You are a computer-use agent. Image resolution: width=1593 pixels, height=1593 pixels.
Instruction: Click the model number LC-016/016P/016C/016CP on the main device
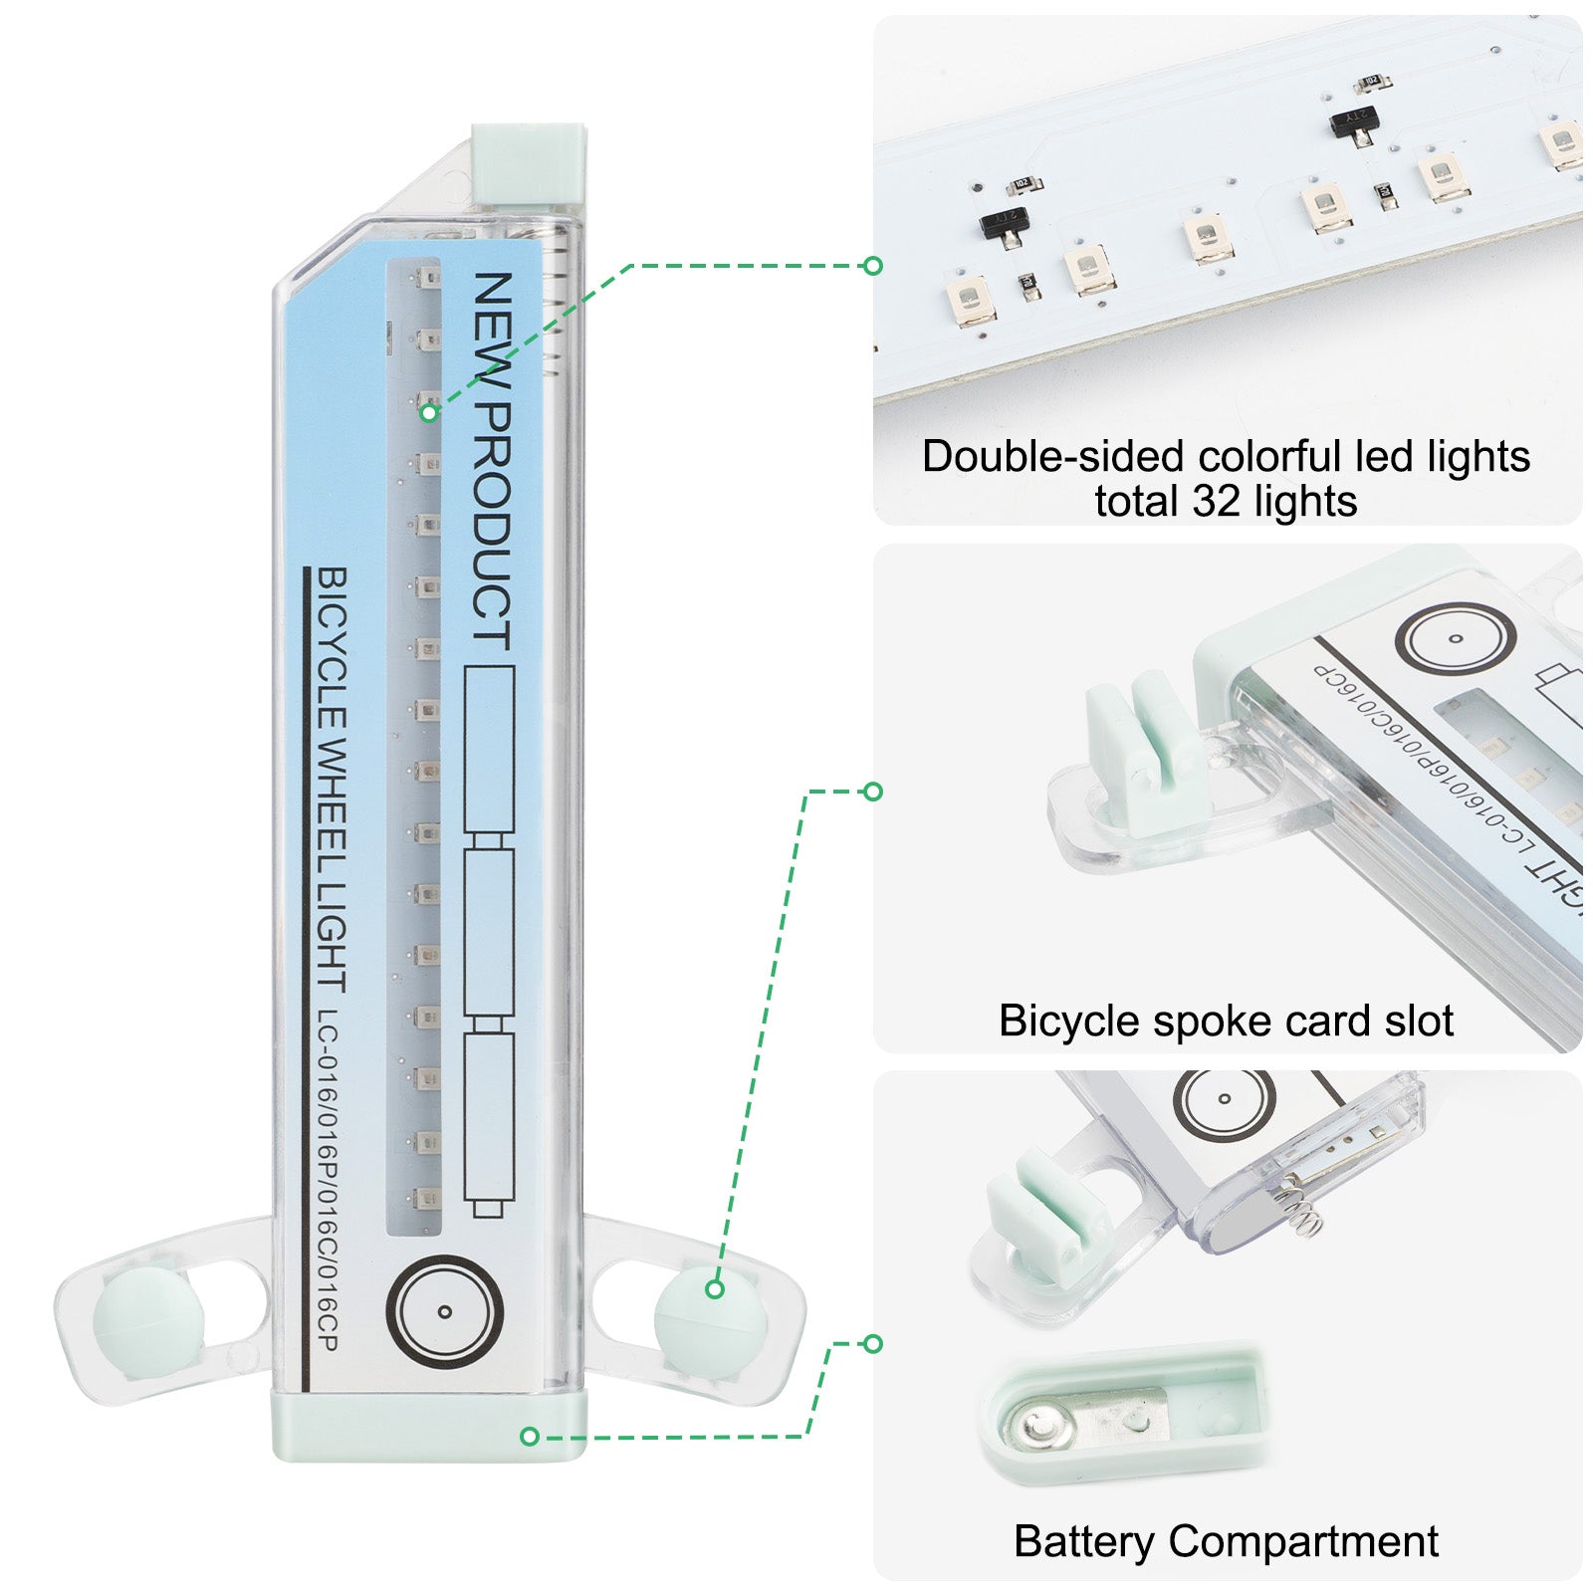(328, 1181)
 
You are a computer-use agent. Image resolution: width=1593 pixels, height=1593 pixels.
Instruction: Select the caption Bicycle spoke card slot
(1226, 1021)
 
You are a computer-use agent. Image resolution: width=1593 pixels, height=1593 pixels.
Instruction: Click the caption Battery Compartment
(1226, 1541)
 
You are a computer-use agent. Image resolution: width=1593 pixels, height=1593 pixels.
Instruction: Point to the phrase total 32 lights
(1226, 501)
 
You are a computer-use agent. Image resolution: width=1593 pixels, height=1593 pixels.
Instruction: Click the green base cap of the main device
(428, 1426)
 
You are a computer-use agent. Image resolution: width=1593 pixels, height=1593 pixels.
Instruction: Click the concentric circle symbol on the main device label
(445, 1311)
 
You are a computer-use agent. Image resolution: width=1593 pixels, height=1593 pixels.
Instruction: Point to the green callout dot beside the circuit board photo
(873, 266)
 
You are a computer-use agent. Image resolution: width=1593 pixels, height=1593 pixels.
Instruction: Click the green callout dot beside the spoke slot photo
(873, 792)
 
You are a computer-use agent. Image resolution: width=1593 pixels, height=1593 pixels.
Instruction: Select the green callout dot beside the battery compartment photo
(873, 1344)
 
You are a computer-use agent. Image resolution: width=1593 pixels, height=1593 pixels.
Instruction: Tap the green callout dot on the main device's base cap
(530, 1436)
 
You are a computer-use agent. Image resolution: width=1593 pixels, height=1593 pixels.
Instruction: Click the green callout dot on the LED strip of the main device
(428, 411)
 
